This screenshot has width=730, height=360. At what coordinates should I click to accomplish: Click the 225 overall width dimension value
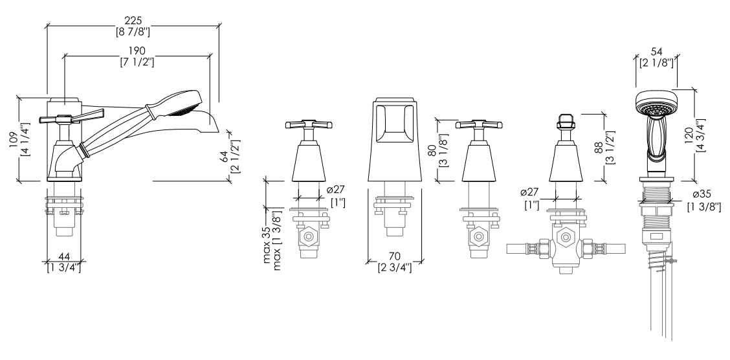[133, 21]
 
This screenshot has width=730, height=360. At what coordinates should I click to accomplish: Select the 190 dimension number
[137, 51]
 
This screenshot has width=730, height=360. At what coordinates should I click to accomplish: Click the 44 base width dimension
[64, 256]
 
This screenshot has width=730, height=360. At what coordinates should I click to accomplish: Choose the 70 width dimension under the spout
[394, 256]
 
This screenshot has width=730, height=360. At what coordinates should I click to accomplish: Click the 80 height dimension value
[432, 150]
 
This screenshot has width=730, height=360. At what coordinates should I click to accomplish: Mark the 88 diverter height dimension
[599, 148]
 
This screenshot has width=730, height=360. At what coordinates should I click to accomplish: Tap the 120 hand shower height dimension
[689, 136]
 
